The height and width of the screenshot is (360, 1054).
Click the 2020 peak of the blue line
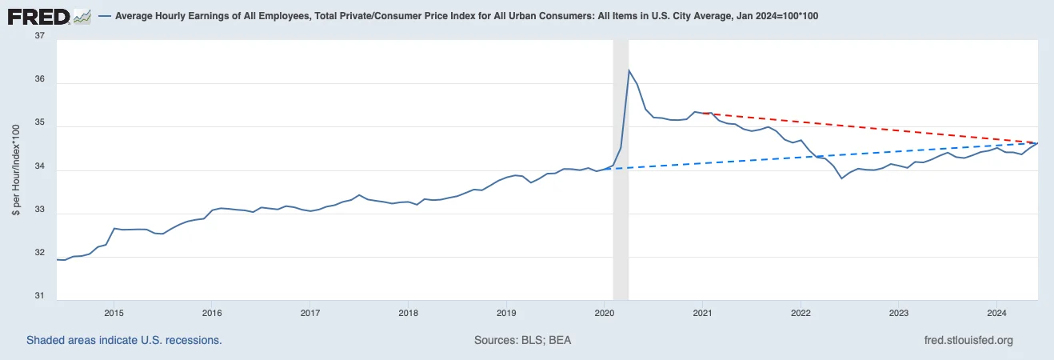tap(629, 70)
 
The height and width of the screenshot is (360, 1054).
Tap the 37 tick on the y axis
tap(40, 36)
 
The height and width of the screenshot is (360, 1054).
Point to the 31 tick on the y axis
tap(40, 296)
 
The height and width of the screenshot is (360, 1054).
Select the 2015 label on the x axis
tap(114, 312)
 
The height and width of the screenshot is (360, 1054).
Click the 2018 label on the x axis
tap(408, 312)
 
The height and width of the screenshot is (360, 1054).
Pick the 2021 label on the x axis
tap(702, 312)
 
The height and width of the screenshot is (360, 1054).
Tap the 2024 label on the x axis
tap(996, 312)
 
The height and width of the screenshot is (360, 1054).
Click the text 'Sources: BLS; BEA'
tap(522, 340)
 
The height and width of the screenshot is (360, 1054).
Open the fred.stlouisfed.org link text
tap(968, 340)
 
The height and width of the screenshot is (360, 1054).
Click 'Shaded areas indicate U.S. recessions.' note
tap(124, 340)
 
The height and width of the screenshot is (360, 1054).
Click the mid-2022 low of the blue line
tap(841, 178)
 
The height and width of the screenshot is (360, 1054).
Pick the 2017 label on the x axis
tap(310, 312)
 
